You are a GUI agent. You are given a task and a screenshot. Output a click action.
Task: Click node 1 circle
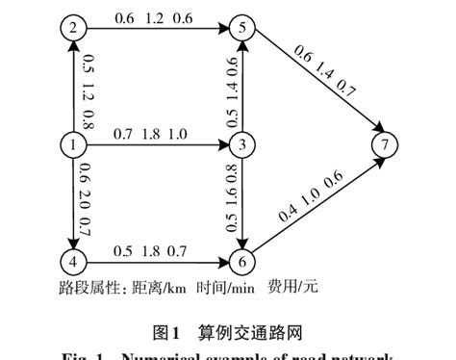pos(71,146)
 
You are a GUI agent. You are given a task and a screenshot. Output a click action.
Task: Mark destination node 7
pos(386,146)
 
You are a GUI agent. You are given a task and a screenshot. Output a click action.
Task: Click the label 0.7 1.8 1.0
pos(154,135)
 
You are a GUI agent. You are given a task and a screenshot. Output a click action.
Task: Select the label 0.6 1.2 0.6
pos(154,17)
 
